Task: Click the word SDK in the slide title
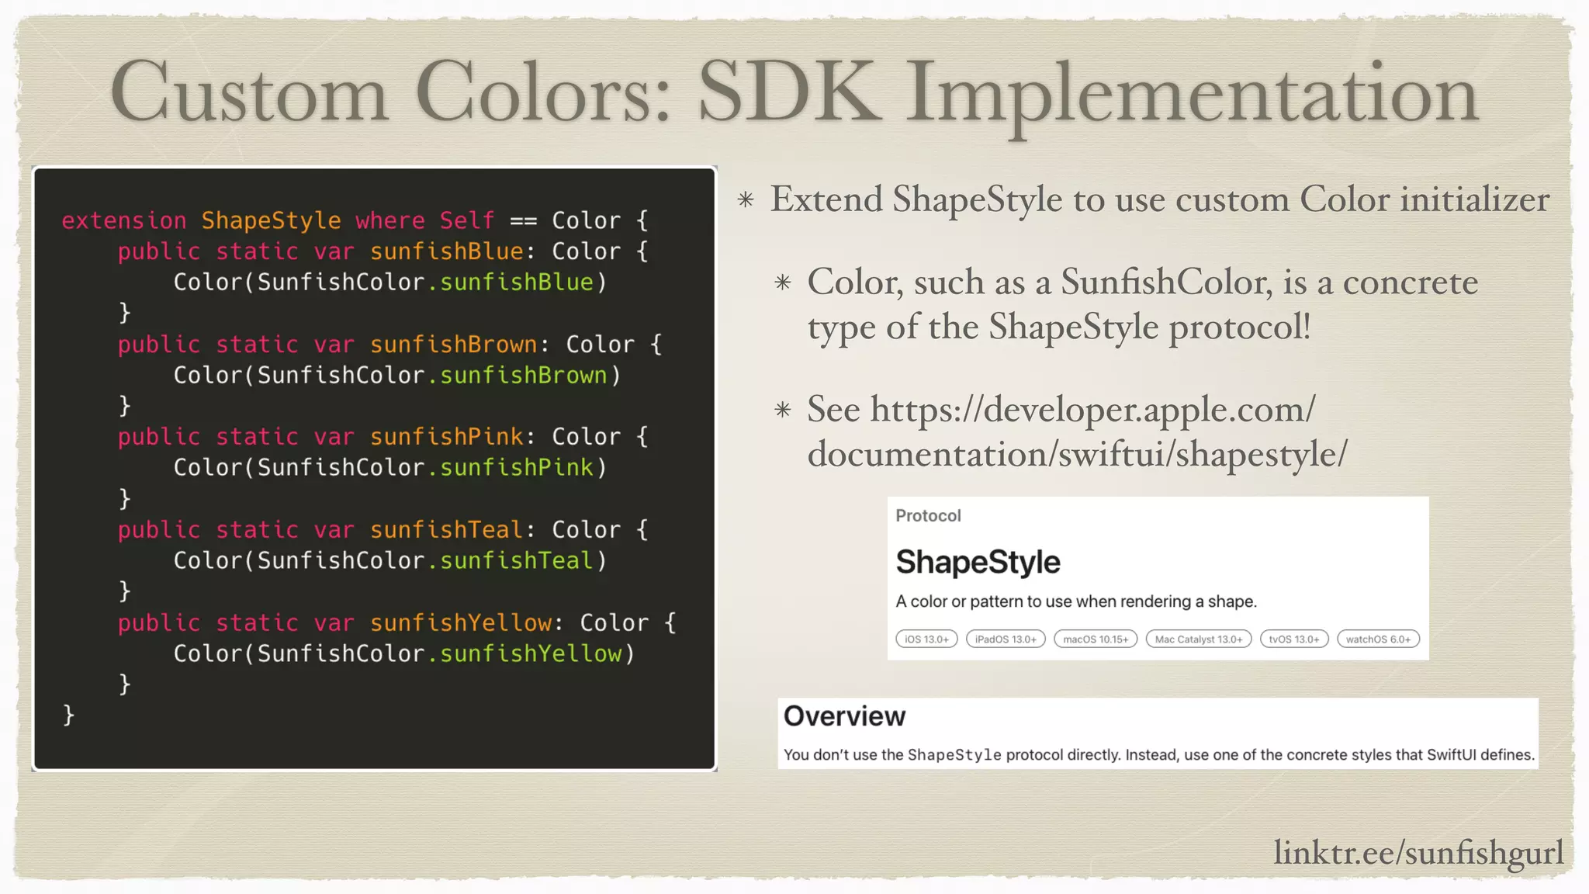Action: [x=789, y=93]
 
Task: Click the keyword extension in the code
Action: [x=124, y=221]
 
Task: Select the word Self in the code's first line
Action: [x=466, y=221]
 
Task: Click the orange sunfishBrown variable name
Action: [x=453, y=345]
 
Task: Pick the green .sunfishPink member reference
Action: [x=511, y=468]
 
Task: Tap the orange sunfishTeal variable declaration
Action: [x=446, y=530]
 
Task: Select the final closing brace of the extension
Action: [x=68, y=714]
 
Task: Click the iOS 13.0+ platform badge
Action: [x=926, y=639]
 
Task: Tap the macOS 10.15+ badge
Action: [x=1096, y=639]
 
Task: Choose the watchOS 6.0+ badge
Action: [x=1378, y=639]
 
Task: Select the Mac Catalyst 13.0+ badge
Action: [x=1198, y=639]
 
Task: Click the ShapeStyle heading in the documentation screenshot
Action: [x=978, y=563]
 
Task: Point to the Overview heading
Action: [x=844, y=716]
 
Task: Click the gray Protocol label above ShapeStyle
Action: [x=928, y=516]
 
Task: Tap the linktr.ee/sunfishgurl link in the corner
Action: [x=1418, y=853]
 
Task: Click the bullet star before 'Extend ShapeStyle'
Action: [x=746, y=200]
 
